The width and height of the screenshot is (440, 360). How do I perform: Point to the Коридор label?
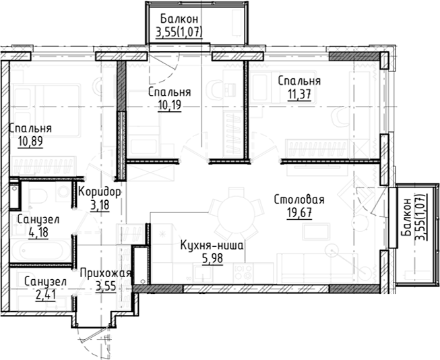click(x=99, y=192)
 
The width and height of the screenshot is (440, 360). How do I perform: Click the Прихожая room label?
click(x=104, y=273)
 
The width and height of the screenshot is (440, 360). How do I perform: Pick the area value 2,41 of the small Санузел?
click(x=44, y=294)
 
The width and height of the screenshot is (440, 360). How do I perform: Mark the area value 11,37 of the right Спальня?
click(x=298, y=94)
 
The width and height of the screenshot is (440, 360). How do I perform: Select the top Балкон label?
click(x=179, y=19)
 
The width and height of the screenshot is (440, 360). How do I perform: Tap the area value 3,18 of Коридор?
click(x=99, y=206)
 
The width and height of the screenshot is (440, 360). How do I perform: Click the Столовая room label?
click(x=299, y=200)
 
